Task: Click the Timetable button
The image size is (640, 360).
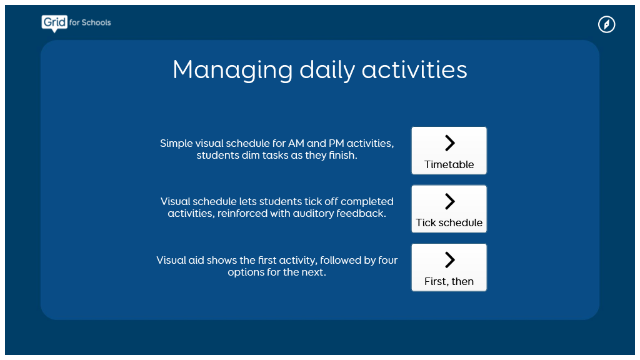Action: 449,151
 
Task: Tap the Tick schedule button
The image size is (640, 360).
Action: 449,209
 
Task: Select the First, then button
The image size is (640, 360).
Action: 449,267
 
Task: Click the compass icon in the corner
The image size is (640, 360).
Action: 606,24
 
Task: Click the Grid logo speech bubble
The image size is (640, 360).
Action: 54,23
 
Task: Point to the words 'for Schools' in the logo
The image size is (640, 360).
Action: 90,22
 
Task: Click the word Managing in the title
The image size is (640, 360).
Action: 232,70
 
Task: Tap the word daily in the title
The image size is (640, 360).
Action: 327,70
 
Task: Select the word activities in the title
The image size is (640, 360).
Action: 414,69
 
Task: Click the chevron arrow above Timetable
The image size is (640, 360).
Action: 449,143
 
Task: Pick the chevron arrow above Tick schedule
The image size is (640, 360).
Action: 449,201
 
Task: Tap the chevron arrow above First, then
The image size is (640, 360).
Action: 449,259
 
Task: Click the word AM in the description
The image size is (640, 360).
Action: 296,143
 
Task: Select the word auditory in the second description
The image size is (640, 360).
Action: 314,214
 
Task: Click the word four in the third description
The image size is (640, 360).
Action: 387,260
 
